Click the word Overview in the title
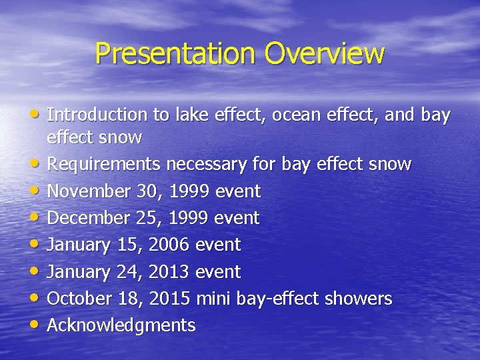325,53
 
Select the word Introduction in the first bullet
97,115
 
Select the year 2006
170,245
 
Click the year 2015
170,299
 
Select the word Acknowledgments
121,325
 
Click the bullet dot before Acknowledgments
37,326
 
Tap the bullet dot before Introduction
37,115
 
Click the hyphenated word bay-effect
275,299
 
